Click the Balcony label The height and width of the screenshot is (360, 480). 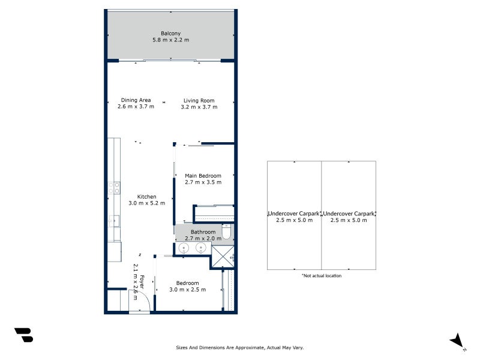click(170, 33)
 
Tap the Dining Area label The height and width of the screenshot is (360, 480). click(136, 100)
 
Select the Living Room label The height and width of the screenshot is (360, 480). click(199, 100)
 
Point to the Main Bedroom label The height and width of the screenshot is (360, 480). click(203, 176)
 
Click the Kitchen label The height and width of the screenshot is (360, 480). click(146, 197)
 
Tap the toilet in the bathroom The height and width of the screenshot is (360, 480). click(226, 232)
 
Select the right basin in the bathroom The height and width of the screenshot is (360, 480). click(201, 248)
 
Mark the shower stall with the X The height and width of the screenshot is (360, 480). click(222, 256)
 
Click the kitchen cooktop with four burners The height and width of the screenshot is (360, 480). click(113, 188)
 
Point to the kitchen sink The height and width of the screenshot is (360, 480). click(113, 221)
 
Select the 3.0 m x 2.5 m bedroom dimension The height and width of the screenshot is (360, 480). click(187, 289)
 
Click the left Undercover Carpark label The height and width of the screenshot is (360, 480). click(294, 214)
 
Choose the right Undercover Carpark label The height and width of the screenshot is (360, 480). click(349, 214)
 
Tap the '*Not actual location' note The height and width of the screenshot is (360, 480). click(322, 276)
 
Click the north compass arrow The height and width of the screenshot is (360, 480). click(457, 340)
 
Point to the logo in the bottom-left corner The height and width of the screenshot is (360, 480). click(23, 335)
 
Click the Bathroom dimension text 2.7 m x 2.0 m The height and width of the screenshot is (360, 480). click(203, 238)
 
